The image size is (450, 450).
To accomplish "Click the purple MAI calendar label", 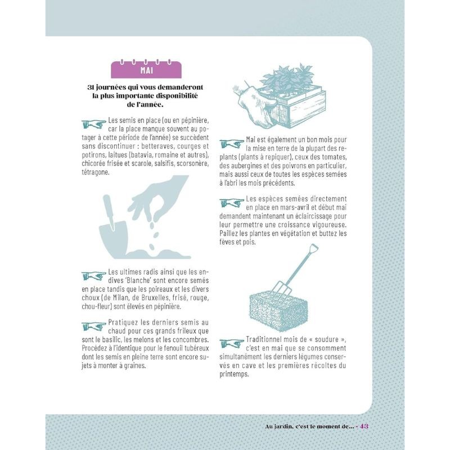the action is [x=146, y=69].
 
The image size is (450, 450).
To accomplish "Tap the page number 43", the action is [x=364, y=426].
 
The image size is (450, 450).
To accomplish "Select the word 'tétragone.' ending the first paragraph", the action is [x=96, y=172].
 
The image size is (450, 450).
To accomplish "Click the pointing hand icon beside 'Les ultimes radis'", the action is [x=94, y=276].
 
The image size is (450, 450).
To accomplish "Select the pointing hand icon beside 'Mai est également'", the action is [x=232, y=143].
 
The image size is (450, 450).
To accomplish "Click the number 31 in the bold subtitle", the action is [x=91, y=87].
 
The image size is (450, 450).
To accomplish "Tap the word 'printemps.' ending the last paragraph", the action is [x=234, y=374].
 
